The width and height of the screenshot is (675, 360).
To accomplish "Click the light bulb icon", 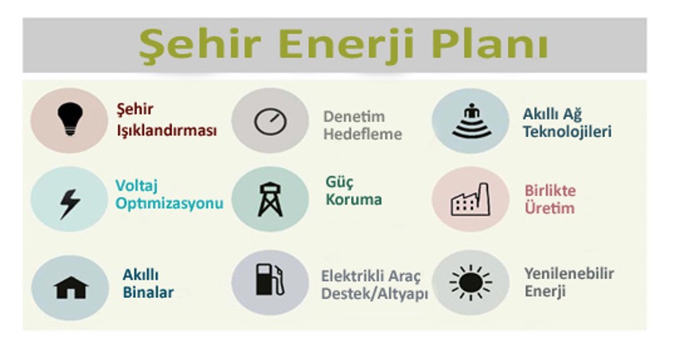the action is [70, 119].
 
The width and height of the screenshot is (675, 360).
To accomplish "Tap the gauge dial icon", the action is [271, 121].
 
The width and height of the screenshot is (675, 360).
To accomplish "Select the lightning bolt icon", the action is [70, 204].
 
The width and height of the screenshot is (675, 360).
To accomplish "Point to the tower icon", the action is [270, 199].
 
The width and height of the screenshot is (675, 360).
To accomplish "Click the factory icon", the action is [470, 200].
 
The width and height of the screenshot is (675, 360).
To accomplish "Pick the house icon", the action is [71, 288].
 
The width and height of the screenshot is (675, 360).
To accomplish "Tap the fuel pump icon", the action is [270, 280].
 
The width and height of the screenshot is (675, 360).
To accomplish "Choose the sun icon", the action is [470, 283].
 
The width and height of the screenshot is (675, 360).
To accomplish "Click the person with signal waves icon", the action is [472, 121].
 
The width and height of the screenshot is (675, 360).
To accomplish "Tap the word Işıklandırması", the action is [166, 130].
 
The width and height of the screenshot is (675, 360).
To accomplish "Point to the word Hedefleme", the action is [362, 134].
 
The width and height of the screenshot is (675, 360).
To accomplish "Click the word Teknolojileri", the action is [568, 131].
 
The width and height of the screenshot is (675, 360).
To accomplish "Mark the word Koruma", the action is [353, 199].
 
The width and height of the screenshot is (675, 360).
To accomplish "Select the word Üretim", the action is [549, 208].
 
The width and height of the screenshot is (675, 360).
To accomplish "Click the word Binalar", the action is [148, 292].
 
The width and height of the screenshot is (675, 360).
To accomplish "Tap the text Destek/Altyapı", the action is [375, 294].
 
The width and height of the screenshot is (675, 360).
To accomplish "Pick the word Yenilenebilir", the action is [569, 273].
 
